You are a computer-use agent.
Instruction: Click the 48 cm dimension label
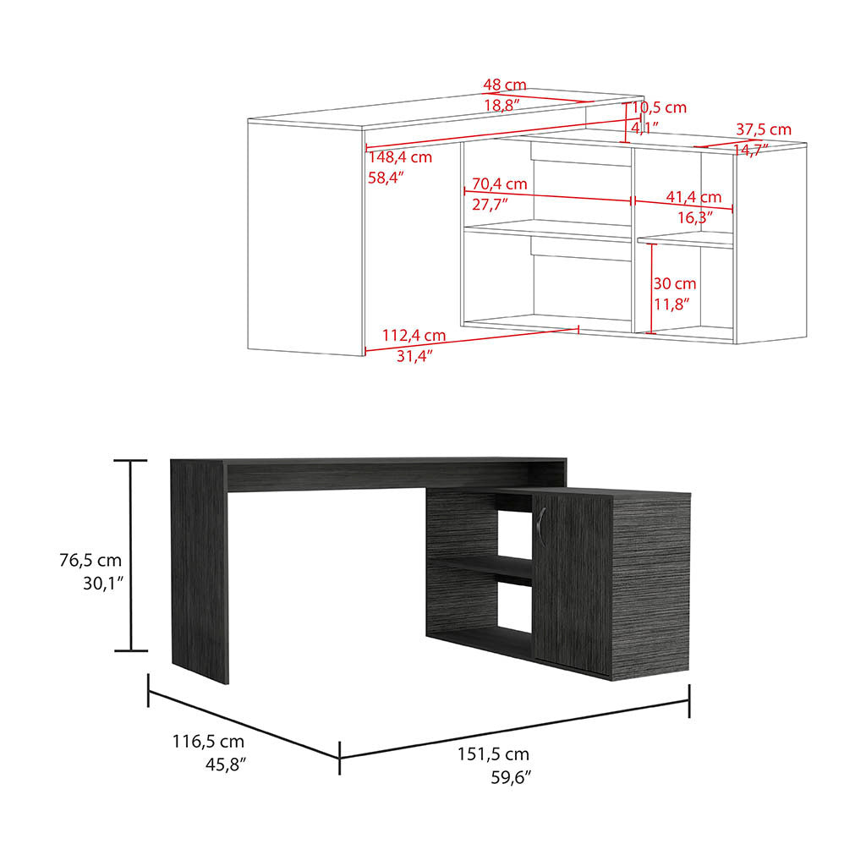(x=505, y=85)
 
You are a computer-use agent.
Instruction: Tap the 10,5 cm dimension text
(x=659, y=107)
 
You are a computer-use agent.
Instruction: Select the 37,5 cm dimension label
(x=763, y=129)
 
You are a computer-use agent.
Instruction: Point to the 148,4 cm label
(x=400, y=157)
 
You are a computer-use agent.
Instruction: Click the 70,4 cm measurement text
(x=499, y=184)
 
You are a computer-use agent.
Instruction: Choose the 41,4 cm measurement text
(x=693, y=196)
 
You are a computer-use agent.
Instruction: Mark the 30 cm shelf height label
(x=674, y=283)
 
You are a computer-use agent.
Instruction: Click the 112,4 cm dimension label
(x=414, y=336)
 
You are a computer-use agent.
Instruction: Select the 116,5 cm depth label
(x=208, y=742)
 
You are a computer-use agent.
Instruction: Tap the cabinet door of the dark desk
(x=573, y=584)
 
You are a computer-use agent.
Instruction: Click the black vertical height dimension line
(x=130, y=556)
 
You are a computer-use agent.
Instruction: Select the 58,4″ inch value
(x=386, y=178)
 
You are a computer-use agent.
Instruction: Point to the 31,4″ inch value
(x=416, y=356)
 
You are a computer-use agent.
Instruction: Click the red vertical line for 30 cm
(x=650, y=288)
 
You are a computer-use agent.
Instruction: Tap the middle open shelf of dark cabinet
(x=479, y=569)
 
